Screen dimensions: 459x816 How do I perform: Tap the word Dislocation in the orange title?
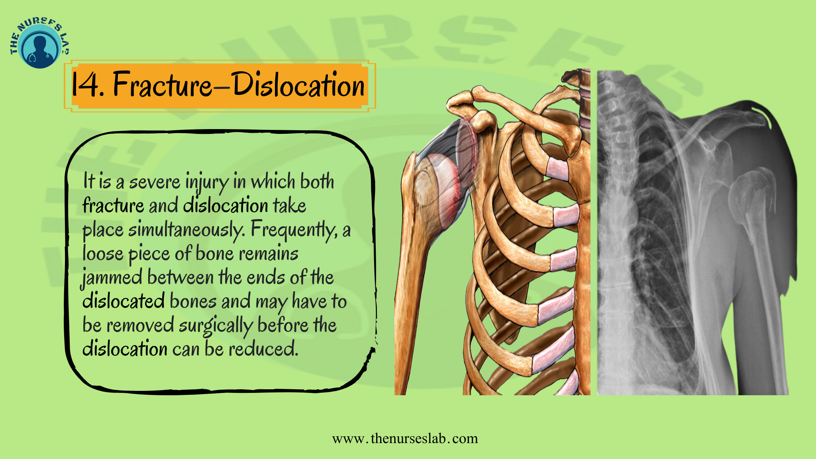(x=298, y=85)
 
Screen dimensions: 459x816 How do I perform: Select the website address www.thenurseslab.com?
(x=405, y=439)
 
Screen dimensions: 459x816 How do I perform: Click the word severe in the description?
(x=155, y=182)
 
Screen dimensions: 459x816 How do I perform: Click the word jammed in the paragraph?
(x=112, y=278)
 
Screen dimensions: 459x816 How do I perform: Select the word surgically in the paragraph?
(x=215, y=326)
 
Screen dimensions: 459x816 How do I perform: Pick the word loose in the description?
(x=103, y=254)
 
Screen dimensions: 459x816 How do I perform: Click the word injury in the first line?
(x=207, y=182)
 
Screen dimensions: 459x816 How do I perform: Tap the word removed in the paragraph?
(x=140, y=326)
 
